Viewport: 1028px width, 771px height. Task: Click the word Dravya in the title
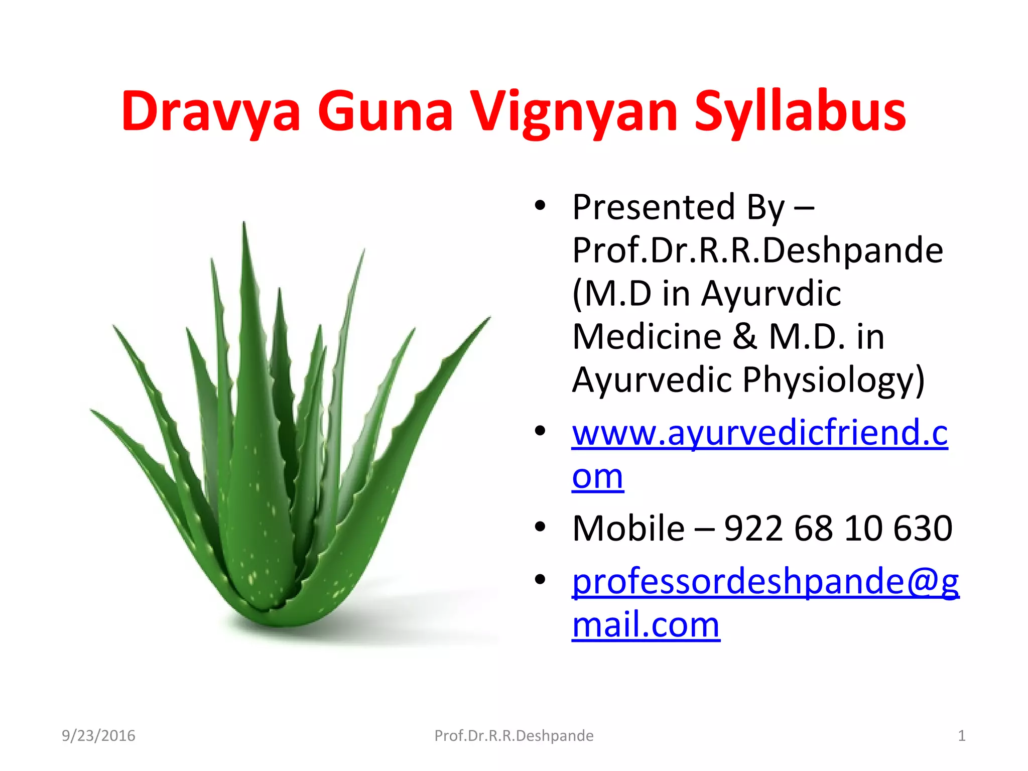211,111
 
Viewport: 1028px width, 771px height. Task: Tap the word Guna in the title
385,111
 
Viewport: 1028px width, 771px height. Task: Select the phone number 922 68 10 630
838,528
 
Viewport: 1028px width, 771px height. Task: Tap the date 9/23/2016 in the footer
98,736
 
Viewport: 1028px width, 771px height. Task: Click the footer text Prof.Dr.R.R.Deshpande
513,736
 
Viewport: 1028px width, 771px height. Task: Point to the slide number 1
961,736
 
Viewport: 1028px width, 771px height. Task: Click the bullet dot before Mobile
540,527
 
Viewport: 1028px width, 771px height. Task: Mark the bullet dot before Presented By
540,205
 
